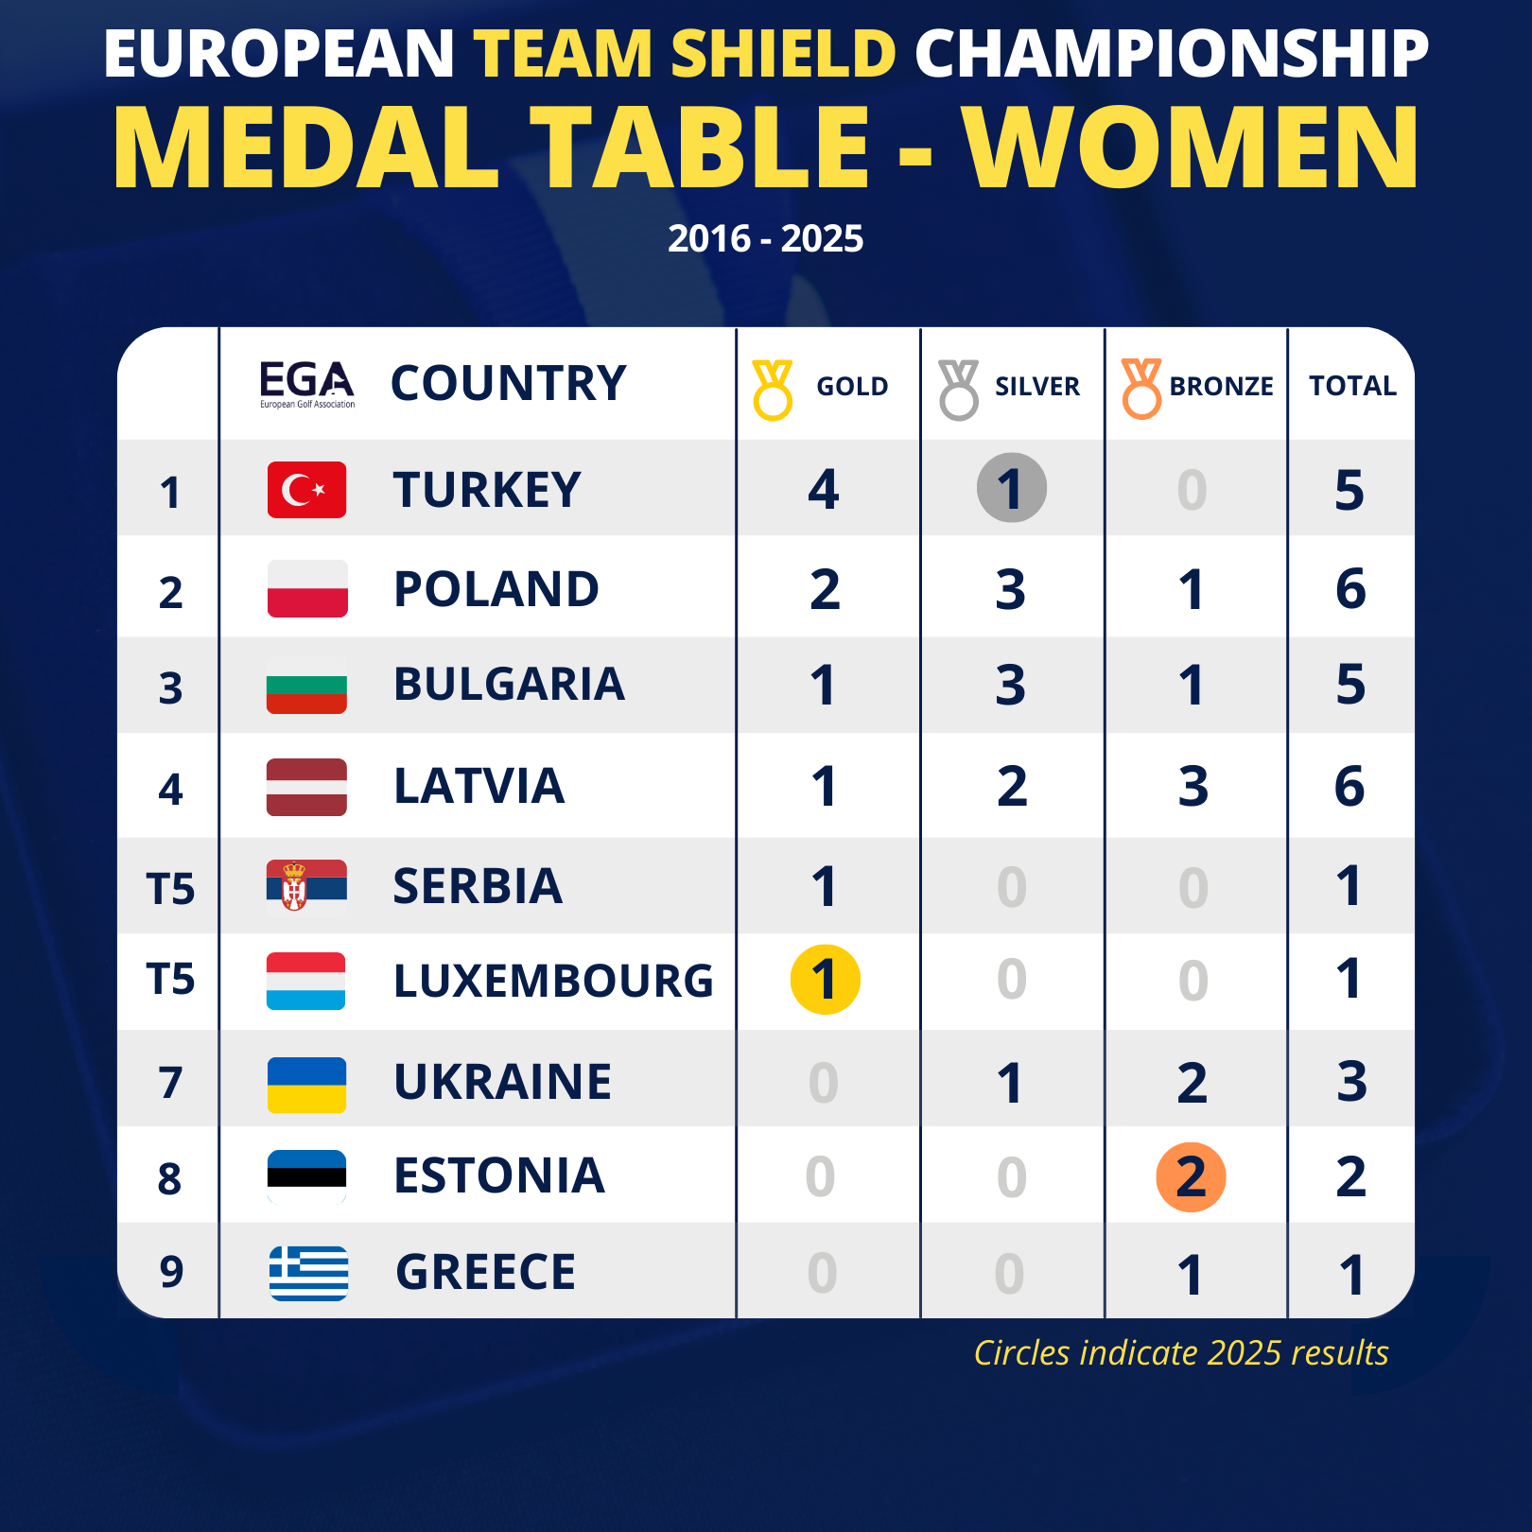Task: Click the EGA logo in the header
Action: (307, 383)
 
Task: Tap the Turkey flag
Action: (306, 490)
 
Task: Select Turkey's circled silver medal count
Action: (1011, 489)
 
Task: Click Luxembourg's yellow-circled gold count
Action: (825, 980)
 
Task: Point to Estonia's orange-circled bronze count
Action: (1191, 1177)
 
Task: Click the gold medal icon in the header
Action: (773, 389)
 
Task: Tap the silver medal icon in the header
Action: (959, 389)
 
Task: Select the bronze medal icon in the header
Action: (1141, 389)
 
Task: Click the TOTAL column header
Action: (1352, 386)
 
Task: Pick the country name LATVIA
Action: (479, 786)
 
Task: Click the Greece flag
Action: (308, 1273)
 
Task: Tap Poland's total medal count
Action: (1350, 589)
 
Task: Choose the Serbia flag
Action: (306, 886)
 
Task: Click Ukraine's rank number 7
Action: (170, 1083)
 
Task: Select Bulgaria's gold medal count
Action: (823, 686)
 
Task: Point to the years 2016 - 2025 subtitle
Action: (765, 238)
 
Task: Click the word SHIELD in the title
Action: (783, 53)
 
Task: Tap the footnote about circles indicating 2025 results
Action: (1181, 1353)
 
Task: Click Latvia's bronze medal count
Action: (1193, 787)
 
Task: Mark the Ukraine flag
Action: (306, 1085)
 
